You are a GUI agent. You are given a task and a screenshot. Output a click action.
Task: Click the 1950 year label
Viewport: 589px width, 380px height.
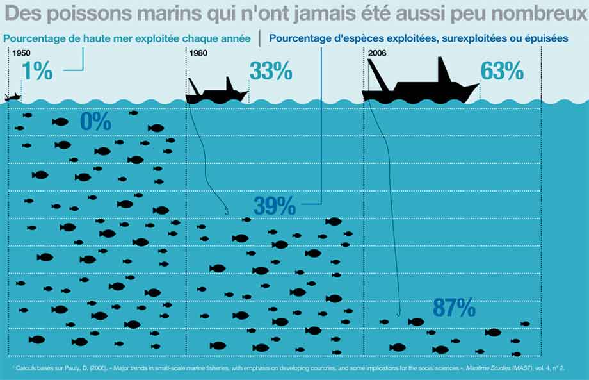(21, 53)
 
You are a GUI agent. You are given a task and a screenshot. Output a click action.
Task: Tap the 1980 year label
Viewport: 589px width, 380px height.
(198, 53)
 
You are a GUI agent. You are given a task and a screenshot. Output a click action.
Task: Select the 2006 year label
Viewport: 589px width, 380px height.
(377, 53)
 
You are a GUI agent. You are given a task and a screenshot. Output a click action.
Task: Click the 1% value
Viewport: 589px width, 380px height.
(37, 70)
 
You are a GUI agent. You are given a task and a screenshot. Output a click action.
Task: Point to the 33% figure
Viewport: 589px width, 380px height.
(271, 70)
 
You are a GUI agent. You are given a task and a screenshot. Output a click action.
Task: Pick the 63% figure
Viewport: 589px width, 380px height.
(502, 70)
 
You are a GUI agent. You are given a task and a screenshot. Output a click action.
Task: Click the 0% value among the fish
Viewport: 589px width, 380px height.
(96, 121)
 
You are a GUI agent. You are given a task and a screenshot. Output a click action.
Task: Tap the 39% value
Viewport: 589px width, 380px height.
(275, 206)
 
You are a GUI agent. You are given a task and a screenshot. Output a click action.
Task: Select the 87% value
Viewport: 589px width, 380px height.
(454, 308)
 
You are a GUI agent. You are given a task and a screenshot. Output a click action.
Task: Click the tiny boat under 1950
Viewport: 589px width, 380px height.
(12, 97)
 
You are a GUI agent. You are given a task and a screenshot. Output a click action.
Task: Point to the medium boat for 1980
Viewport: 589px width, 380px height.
(217, 92)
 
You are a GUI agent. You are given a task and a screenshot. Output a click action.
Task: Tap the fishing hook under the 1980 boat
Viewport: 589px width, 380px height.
(227, 211)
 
